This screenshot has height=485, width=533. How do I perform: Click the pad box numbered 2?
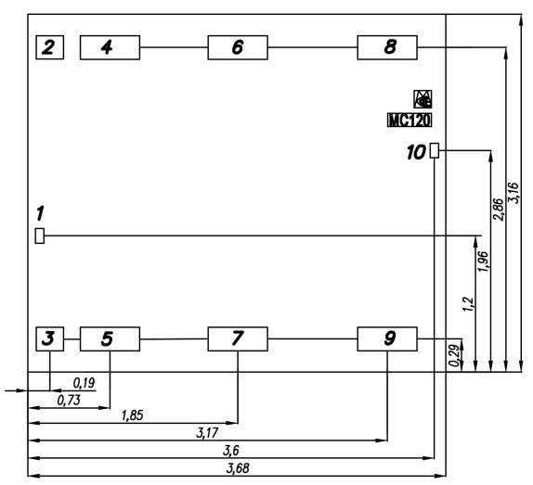(x=49, y=47)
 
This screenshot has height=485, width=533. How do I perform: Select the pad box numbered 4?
(x=110, y=47)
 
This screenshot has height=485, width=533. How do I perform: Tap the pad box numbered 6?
(x=238, y=47)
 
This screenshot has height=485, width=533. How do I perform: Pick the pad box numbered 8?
(x=387, y=47)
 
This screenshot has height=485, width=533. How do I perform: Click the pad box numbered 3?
(x=49, y=338)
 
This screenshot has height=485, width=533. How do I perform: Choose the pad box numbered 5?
(x=110, y=338)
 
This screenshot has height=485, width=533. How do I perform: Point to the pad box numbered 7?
(x=238, y=338)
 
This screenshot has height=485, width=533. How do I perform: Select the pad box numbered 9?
(x=387, y=338)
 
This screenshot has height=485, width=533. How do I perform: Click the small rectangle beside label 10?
(x=435, y=150)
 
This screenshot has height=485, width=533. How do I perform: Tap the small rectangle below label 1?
(x=40, y=236)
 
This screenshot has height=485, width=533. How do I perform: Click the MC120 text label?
(x=409, y=121)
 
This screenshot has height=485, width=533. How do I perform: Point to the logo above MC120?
(x=422, y=99)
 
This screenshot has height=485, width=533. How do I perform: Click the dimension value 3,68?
(x=238, y=468)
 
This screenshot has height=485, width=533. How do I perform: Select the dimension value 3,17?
(x=207, y=433)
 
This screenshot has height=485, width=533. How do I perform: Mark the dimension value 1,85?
(x=132, y=415)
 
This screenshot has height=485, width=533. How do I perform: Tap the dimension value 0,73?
(x=69, y=401)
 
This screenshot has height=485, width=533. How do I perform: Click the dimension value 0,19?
(x=84, y=383)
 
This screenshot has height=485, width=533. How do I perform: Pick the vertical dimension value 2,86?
(x=498, y=210)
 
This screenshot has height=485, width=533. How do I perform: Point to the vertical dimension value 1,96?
(x=483, y=262)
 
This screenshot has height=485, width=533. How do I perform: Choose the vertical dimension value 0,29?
(x=454, y=355)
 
